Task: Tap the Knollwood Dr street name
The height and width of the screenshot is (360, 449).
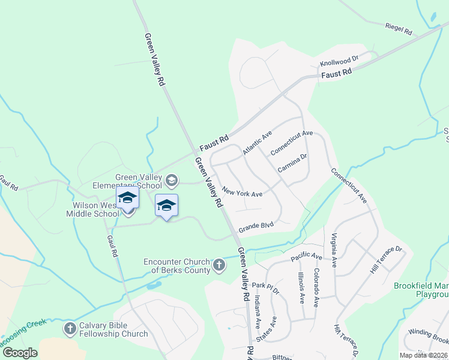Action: [339, 61]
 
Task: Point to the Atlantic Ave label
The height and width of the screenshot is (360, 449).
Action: [258, 143]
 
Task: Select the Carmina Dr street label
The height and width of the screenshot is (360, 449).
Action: [292, 164]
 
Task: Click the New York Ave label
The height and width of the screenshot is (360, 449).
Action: [243, 193]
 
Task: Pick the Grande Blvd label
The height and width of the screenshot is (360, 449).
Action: [256, 227]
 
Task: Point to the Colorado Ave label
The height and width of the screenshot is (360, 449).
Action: [316, 284]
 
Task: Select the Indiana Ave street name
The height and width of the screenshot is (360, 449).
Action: [258, 309]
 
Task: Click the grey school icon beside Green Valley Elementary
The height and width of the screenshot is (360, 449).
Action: [172, 180]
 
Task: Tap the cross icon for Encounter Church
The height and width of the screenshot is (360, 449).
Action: [219, 264]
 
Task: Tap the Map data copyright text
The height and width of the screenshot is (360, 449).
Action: [424, 355]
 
